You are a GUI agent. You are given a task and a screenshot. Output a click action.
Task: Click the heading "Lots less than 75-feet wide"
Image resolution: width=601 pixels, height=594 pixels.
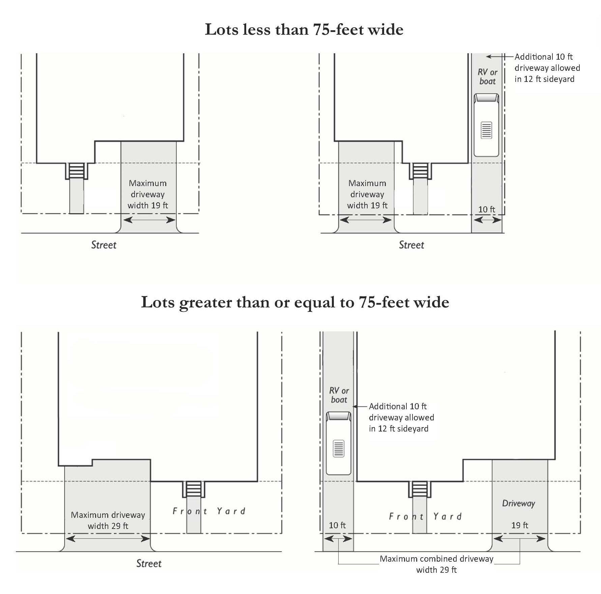(304, 29)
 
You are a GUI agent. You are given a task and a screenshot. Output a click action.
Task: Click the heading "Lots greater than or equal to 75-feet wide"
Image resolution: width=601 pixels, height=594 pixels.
(295, 302)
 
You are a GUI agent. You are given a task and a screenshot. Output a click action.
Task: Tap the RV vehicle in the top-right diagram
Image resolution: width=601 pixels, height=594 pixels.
(486, 125)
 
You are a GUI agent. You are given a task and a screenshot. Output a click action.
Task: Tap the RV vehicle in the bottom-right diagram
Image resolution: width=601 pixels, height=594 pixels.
(339, 443)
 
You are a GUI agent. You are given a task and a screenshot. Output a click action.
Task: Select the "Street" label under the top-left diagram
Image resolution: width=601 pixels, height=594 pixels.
(104, 245)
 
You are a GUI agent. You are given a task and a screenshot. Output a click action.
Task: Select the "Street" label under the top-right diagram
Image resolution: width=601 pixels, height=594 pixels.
(411, 245)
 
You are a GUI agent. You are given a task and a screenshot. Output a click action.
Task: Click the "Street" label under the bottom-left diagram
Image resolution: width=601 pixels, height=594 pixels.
(149, 563)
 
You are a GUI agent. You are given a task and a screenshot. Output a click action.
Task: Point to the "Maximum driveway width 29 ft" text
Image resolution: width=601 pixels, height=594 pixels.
(108, 520)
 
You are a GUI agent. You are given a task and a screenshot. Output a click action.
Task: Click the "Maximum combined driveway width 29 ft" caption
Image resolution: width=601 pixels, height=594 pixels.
(436, 564)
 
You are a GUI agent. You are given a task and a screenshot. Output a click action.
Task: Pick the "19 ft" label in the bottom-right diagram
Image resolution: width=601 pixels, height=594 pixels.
(520, 525)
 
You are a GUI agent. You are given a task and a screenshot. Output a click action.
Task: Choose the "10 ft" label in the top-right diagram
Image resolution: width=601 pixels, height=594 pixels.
(487, 209)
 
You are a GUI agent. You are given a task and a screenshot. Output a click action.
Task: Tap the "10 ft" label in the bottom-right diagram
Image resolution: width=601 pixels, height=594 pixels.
(337, 525)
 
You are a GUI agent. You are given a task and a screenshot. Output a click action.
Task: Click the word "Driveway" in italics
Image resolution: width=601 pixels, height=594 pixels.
(518, 504)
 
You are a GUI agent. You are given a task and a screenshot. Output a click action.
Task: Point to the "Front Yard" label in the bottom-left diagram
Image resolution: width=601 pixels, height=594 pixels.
(209, 511)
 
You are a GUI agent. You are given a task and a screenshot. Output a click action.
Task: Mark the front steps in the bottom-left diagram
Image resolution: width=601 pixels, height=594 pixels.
(194, 489)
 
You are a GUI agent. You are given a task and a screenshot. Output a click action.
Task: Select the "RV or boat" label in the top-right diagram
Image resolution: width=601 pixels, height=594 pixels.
(487, 77)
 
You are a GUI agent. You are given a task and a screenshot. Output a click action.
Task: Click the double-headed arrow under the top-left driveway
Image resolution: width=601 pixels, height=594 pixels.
(149, 220)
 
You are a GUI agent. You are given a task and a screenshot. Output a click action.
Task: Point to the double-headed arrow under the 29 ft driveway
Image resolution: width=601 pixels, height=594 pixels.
(108, 539)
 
